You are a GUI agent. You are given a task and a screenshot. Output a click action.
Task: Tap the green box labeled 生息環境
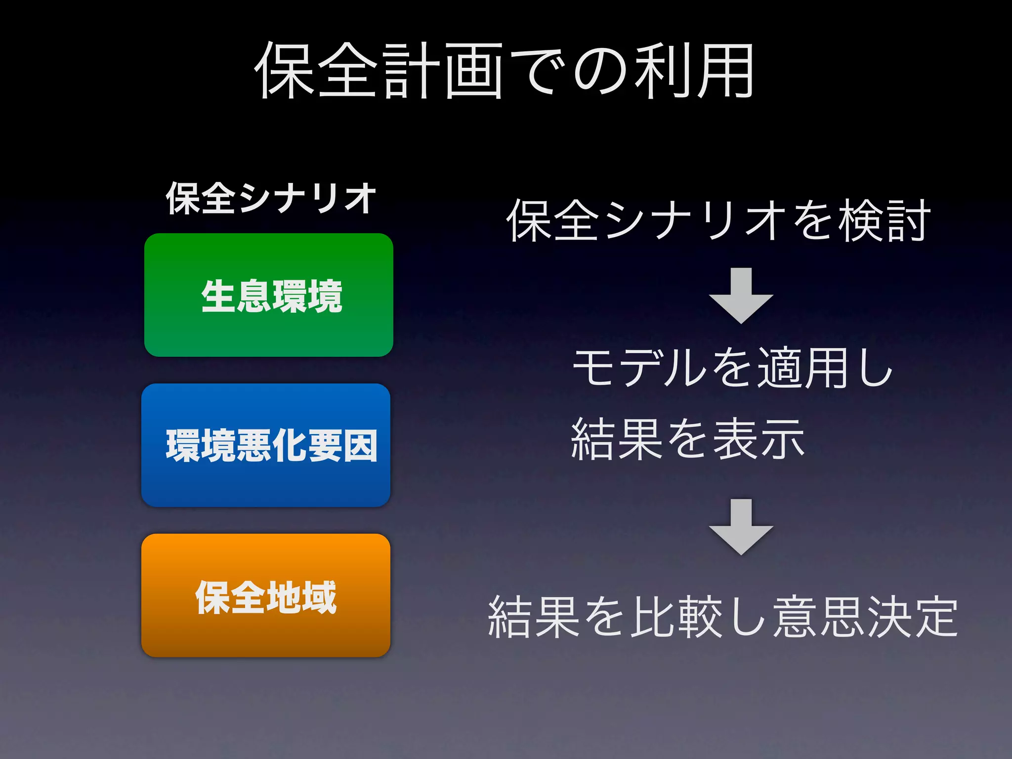pos(269,295)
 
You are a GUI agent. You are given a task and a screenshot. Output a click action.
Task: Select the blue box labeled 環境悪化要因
pos(266,445)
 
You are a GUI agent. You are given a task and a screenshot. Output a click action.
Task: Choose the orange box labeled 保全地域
pos(266,595)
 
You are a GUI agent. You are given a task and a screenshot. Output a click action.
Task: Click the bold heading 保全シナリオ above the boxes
pos(271,198)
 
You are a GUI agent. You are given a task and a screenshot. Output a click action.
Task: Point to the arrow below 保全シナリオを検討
pos(741,295)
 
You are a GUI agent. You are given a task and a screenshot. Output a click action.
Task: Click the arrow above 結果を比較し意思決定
pos(741,527)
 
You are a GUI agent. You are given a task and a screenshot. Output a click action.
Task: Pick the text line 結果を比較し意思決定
pos(722,616)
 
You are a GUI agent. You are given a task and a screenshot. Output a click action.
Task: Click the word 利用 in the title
pos(693,70)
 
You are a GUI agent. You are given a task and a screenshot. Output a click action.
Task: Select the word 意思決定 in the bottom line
pos(865,616)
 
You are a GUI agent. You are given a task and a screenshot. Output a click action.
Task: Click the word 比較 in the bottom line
pos(678,616)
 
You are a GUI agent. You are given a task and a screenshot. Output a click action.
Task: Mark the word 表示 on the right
pos(759,439)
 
